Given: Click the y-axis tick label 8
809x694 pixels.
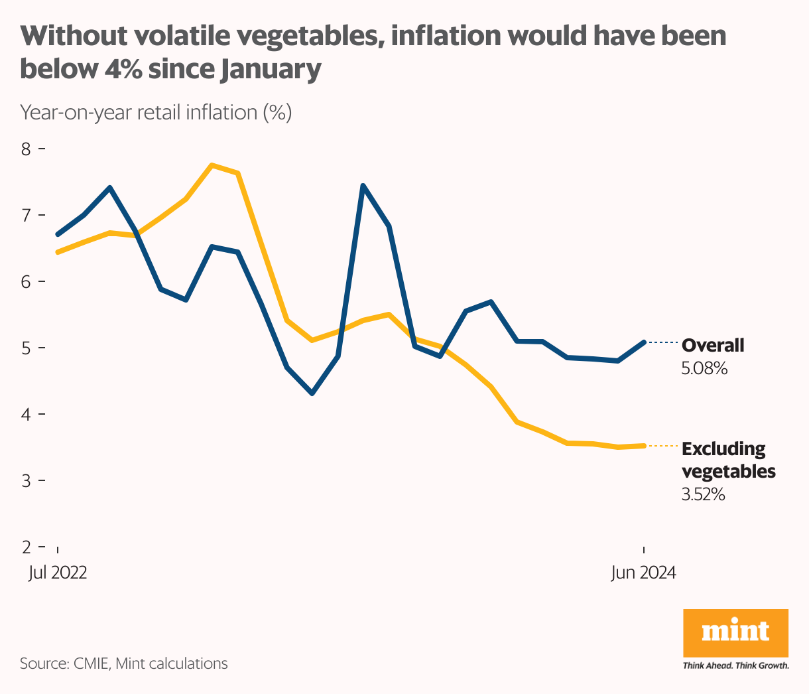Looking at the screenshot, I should point(26,149).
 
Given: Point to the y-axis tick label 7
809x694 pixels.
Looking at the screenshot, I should point(26,215).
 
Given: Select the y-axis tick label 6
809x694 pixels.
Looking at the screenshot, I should point(26,281).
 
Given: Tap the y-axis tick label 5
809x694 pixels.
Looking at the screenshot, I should point(26,348).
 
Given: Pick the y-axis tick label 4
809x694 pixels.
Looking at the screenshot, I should point(26,414).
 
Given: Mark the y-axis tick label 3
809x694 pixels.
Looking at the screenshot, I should point(26,480).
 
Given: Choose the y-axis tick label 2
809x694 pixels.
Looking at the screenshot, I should point(26,547).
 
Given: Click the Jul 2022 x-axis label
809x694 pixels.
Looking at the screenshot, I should point(58,573).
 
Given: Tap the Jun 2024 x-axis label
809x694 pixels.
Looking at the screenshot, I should point(643,573).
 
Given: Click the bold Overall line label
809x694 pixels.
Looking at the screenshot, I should point(713,345).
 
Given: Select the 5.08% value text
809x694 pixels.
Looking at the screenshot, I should point(704,368).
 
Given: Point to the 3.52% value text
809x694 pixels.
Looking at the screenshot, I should point(703,494).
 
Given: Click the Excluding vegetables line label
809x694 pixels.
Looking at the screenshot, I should point(727,460).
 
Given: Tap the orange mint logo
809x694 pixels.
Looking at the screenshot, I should point(735,633).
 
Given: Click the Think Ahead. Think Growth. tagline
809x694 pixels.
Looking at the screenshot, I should point(735,665).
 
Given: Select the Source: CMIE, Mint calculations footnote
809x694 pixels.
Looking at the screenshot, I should point(123,663).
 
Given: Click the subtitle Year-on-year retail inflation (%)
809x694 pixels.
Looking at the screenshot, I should point(156,112).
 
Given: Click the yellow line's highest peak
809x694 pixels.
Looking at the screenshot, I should point(212,165).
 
